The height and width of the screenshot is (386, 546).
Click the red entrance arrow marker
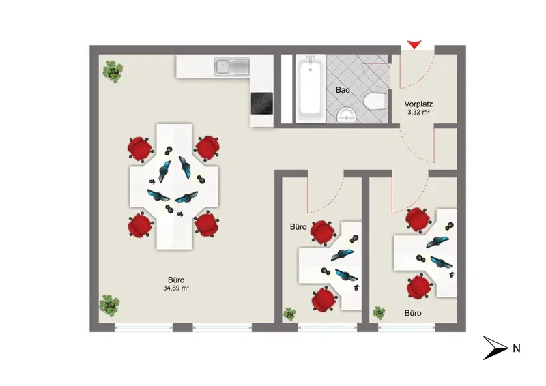click(414, 44)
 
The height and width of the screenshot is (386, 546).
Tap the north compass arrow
click(495, 348)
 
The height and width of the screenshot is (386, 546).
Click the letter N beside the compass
click(517, 348)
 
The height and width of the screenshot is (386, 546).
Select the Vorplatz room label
click(418, 104)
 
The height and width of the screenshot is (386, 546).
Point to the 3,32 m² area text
click(418, 112)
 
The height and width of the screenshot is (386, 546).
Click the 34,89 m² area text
click(176, 288)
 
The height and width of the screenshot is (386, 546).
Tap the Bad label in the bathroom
click(343, 90)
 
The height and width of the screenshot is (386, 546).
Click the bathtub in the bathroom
click(310, 89)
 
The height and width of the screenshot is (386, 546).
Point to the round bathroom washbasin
click(347, 115)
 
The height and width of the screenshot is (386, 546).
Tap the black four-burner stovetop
click(261, 104)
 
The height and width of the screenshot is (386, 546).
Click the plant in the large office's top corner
click(113, 72)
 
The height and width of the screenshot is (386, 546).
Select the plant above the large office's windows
click(109, 306)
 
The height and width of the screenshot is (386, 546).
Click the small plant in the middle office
click(289, 314)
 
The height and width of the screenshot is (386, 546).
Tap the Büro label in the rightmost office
click(413, 313)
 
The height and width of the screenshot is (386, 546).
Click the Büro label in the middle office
click(298, 227)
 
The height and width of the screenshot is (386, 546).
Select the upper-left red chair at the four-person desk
click(140, 149)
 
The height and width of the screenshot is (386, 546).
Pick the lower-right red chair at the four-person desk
click(206, 224)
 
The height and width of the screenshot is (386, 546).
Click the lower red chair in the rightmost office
click(420, 287)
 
